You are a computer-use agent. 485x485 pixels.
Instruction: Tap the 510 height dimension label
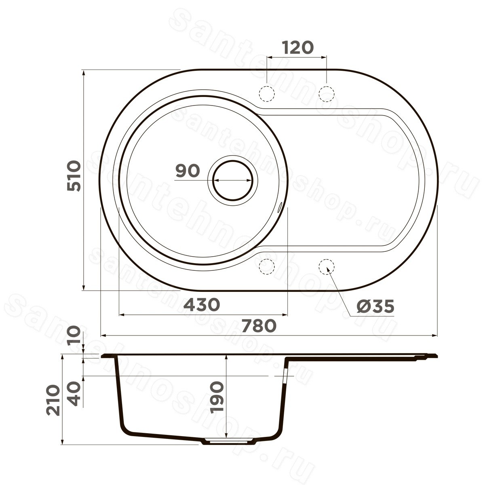coord(74,176)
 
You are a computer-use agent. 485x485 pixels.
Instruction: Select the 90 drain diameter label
coord(188,171)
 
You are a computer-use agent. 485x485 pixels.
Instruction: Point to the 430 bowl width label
coord(201,304)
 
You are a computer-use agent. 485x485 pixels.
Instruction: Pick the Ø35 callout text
coord(375,306)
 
